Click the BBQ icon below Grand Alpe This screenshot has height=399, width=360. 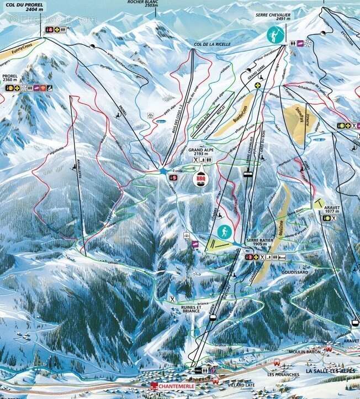(200, 179)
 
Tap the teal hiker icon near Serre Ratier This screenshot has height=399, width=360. (224, 232)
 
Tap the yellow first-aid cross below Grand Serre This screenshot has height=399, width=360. (257, 86)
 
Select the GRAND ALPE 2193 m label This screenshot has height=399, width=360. (200, 151)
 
